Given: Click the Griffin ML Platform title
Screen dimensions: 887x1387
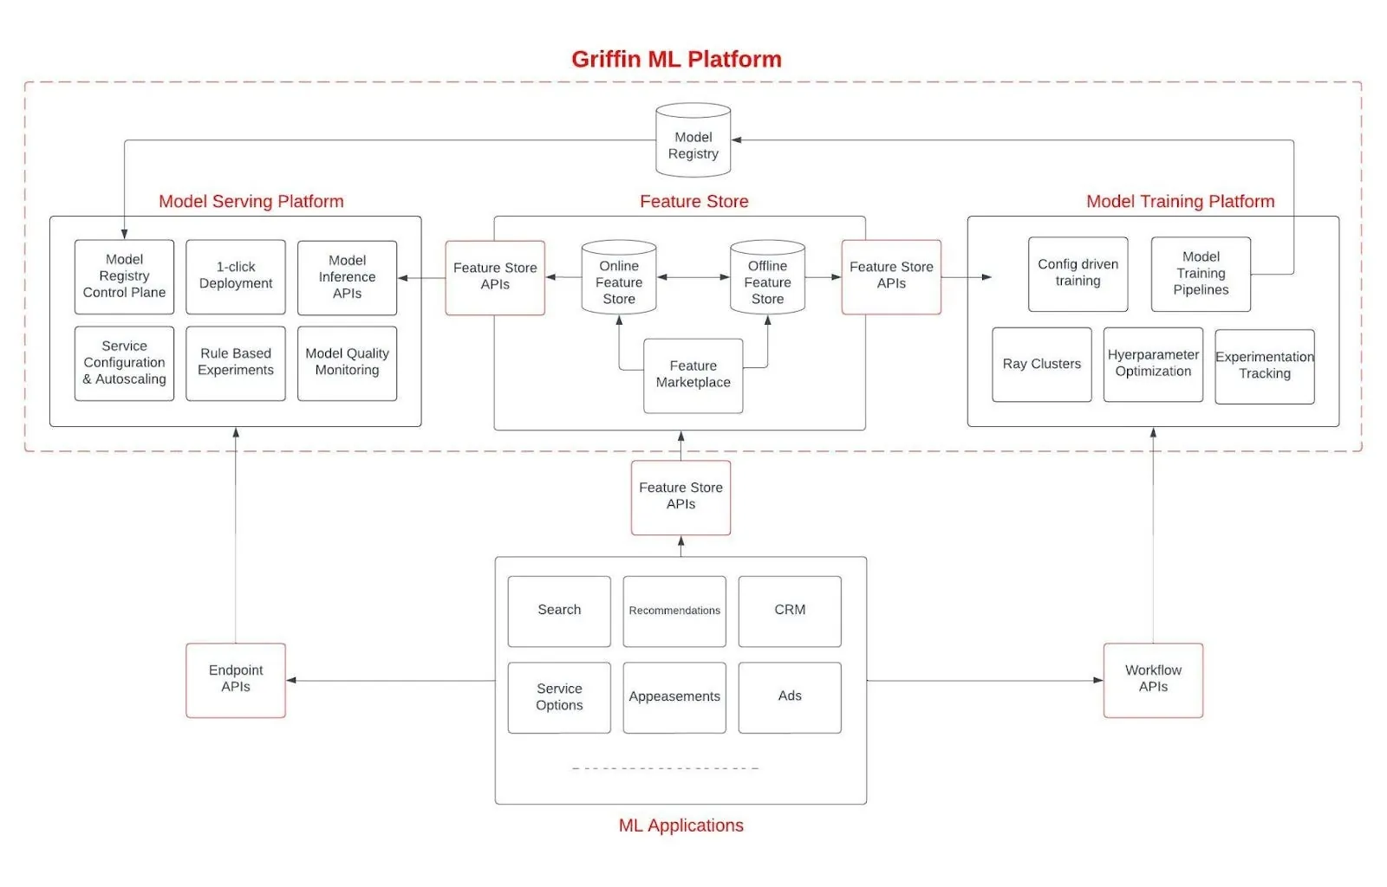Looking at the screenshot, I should click(676, 59).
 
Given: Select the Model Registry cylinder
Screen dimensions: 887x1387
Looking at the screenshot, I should click(693, 143).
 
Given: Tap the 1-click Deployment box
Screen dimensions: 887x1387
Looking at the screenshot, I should click(235, 276).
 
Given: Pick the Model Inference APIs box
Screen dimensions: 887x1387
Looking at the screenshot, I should click(347, 277).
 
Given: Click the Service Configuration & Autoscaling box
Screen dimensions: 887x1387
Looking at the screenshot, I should click(124, 363).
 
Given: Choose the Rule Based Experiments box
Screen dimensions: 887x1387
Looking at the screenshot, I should click(235, 363).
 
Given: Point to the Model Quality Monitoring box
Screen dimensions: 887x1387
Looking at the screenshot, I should click(347, 363).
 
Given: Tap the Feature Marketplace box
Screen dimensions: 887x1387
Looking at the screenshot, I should click(693, 375).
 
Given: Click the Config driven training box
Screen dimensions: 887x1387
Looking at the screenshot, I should click(1078, 274).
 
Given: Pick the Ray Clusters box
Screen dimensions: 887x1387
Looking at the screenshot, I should click(1041, 365).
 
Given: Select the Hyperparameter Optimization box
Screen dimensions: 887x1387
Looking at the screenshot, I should click(1153, 365).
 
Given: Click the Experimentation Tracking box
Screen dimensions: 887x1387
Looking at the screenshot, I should click(1264, 366).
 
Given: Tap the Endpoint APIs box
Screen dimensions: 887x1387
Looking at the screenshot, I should click(235, 680).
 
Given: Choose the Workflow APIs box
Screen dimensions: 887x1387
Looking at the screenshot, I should click(1153, 680).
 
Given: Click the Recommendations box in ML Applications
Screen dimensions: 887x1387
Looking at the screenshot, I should click(674, 611).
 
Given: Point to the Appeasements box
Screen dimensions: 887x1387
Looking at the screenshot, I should click(674, 697).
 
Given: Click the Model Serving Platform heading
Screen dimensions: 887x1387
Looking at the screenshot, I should click(251, 201).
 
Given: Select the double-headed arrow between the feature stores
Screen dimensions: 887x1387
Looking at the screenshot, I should click(693, 277).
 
